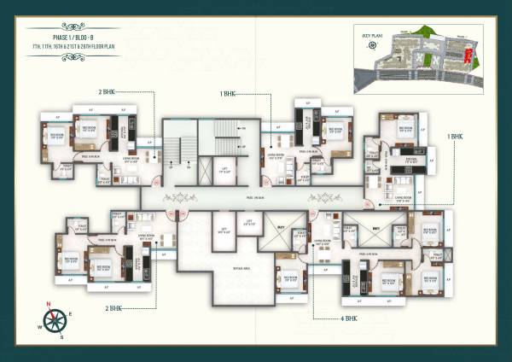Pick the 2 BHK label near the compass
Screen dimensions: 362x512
pyautogui.click(x=113, y=308)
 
